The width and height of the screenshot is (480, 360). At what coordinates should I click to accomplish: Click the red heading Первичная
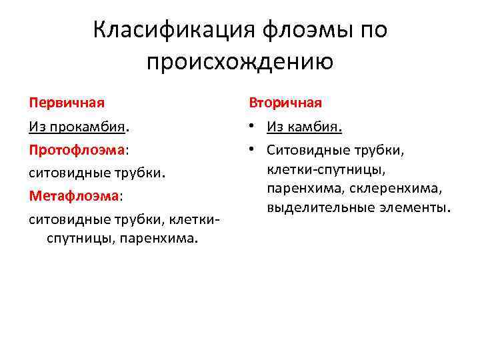pos(67,103)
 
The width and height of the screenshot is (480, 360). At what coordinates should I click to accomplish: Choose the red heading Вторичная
pos(285,103)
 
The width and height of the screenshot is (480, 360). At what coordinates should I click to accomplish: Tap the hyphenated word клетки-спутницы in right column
pos(327,169)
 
